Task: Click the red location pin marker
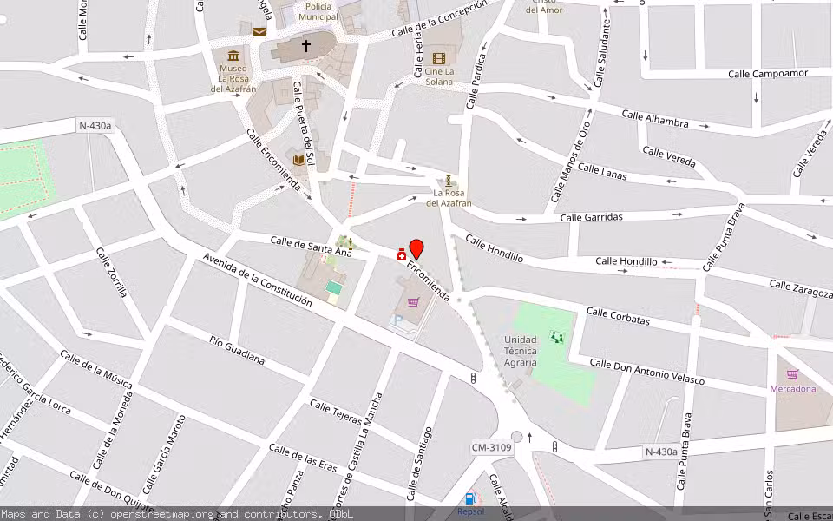pos(416,248)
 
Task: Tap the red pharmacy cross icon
pos(402,254)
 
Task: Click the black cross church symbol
pos(305,45)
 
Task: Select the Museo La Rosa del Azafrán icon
pos(233,55)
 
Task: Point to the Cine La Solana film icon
pos(439,58)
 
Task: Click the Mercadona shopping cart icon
pos(792,374)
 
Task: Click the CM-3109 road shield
pos(492,447)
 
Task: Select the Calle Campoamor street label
pos(768,74)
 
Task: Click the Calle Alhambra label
pos(655,119)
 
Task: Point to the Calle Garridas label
pos(591,217)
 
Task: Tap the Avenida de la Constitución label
pos(257,279)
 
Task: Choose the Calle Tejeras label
pos(335,412)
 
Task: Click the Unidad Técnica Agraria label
pos(521,351)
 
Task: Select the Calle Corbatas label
pos(618,316)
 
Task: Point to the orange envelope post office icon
pos(259,32)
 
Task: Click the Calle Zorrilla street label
pos(111,273)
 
